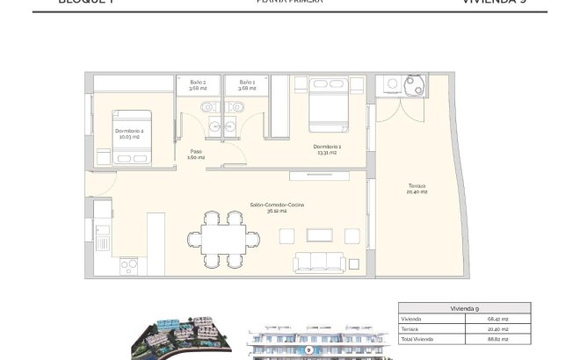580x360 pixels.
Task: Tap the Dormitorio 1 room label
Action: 327,148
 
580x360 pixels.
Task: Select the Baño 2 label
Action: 198,84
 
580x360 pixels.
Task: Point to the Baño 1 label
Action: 246,84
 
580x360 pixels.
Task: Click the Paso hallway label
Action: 196,154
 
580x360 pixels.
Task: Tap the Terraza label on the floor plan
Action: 417,188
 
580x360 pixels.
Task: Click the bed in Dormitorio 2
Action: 133,135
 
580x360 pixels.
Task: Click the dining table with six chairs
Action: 224,238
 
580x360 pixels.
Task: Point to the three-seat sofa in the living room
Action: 321,262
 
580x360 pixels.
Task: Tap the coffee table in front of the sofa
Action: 319,234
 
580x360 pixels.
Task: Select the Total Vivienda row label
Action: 417,339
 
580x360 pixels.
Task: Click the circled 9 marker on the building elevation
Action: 309,349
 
